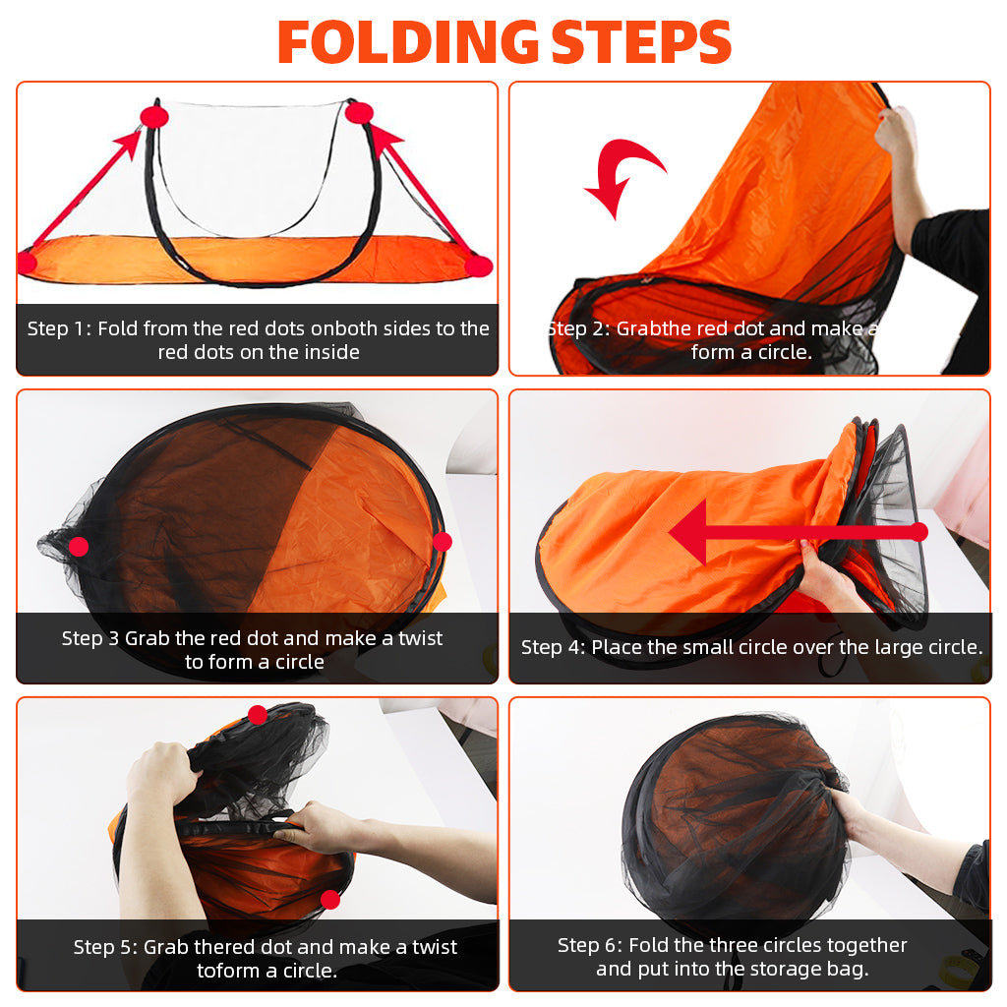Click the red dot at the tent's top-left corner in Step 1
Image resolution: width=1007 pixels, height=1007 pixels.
154,117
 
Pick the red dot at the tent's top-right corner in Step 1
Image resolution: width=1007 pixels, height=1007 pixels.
359,112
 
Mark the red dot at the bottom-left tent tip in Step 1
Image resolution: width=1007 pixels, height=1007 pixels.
27,263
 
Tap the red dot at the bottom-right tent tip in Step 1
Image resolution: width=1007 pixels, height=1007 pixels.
479,266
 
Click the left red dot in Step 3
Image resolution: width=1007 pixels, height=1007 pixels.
79,546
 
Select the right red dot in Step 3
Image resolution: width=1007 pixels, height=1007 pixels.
443,541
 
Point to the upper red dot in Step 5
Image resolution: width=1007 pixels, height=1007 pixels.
257,715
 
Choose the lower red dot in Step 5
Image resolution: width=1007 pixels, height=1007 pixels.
330,899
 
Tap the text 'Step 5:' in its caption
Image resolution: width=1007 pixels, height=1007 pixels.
105,947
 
